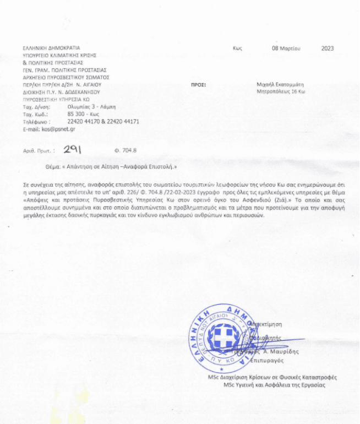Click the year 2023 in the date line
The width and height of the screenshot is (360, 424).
coord(327,48)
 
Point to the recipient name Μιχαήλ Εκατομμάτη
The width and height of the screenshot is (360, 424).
coord(281,85)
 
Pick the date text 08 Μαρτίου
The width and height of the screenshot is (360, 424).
coord(286,48)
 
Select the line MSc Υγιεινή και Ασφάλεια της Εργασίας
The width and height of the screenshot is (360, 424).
coord(274,385)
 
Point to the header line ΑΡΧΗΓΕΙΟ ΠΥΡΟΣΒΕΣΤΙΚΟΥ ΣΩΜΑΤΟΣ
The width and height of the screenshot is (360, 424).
coord(67,78)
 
